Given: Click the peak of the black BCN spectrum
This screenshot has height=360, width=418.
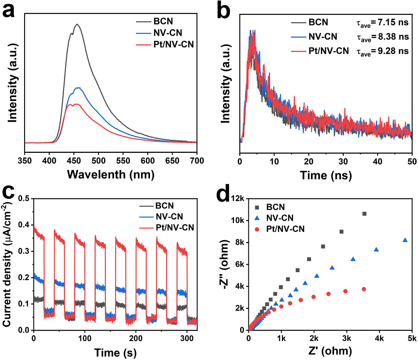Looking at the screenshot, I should coord(77,24).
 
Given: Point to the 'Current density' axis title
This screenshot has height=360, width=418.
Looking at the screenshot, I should coord(8,264).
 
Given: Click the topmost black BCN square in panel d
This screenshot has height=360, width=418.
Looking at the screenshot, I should coord(364,214).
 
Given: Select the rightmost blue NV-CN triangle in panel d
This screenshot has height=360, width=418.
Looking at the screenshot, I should coord(405,240).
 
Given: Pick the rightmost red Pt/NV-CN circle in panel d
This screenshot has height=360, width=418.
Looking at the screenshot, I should coord(364,289).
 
